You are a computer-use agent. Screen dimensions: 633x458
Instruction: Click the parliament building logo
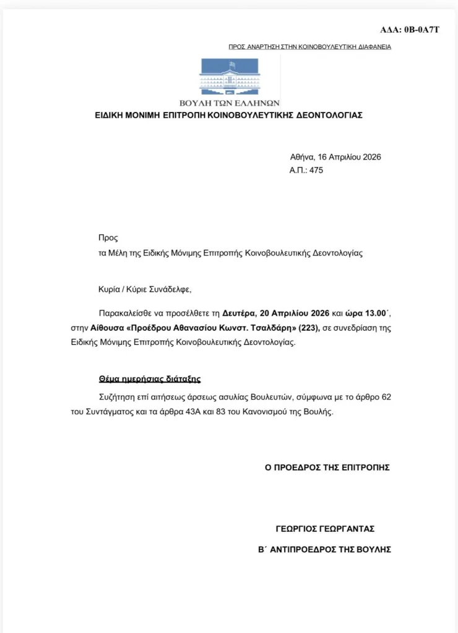[x=230, y=77]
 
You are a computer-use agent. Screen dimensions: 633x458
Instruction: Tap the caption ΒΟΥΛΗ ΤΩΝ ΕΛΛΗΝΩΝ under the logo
[x=230, y=103]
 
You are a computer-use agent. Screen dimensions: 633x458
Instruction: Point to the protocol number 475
[x=315, y=170]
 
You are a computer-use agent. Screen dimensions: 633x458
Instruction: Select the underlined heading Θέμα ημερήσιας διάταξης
[x=150, y=379]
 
